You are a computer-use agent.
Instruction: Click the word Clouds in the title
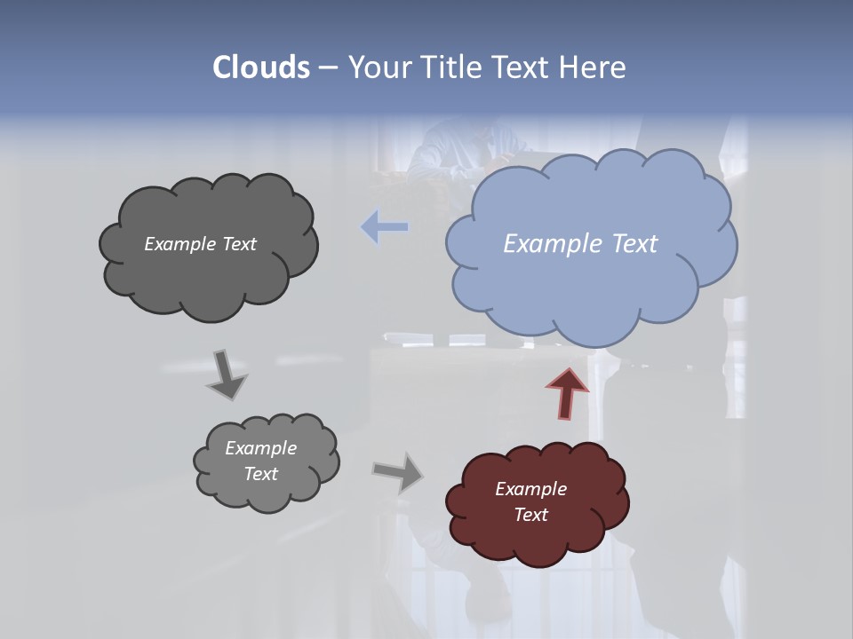[x=260, y=67]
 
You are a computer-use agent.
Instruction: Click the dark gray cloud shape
[x=209, y=275]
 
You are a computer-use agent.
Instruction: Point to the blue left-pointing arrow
[x=384, y=227]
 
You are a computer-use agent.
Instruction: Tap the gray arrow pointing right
[x=399, y=472]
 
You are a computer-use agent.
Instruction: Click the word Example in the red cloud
[x=530, y=489]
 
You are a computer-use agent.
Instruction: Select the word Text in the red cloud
[x=530, y=515]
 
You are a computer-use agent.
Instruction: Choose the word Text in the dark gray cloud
[x=239, y=244]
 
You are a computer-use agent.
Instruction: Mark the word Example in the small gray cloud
[x=260, y=448]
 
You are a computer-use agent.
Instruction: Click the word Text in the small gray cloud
[x=260, y=474]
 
